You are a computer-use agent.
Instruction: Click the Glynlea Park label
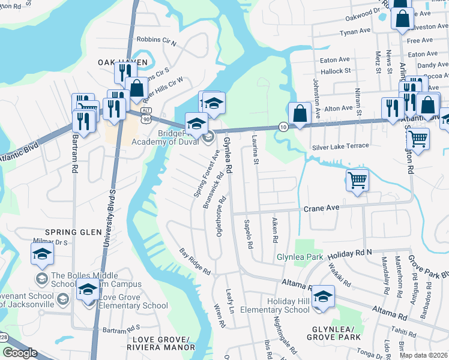(300, 257)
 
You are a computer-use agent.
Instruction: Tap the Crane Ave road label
(322, 208)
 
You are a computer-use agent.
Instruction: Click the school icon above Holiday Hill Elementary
(323, 297)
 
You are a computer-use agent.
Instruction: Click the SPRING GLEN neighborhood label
(69, 232)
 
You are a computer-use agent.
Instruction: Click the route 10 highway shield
(283, 127)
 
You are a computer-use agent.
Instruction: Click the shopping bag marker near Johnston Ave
(300, 112)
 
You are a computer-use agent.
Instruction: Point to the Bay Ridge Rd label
(196, 262)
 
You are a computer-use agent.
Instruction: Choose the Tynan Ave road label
(355, 32)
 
